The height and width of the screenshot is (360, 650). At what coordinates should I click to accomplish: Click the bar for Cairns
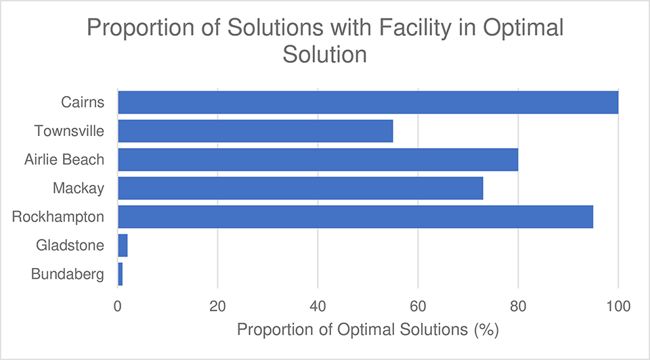(368, 102)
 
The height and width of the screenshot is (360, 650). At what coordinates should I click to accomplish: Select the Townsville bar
(255, 131)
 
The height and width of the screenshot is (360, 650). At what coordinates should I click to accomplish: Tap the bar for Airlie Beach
(318, 160)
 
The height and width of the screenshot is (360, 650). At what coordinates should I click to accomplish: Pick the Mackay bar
(300, 188)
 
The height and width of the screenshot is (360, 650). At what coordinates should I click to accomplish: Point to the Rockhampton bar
(355, 217)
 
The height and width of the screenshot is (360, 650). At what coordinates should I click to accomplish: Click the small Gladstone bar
(123, 245)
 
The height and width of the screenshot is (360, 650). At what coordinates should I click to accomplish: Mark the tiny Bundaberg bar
(121, 273)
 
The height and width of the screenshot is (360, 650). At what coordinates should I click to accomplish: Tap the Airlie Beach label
(64, 160)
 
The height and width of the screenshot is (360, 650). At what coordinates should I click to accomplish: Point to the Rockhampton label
(59, 217)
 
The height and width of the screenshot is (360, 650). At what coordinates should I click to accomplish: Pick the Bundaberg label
(68, 273)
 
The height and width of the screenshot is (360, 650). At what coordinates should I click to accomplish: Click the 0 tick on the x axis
(118, 305)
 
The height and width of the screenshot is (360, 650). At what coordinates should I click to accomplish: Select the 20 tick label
(217, 305)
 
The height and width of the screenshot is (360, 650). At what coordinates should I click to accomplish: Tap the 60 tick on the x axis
(418, 305)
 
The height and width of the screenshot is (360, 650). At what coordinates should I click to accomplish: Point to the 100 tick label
(617, 305)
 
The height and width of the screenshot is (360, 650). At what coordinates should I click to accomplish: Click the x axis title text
(368, 331)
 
